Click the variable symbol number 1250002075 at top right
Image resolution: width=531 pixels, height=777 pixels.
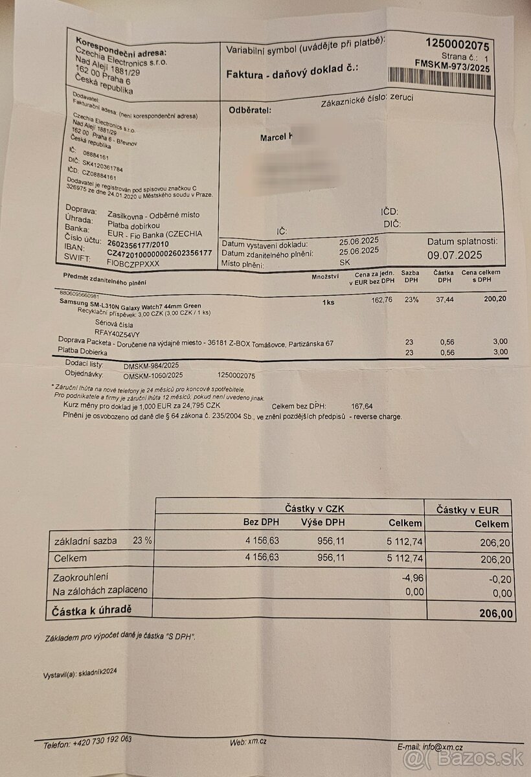click(457, 45)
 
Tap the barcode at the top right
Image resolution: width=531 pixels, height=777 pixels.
click(458, 80)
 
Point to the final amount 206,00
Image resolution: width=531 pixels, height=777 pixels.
click(495, 613)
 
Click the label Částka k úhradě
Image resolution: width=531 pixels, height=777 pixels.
click(93, 609)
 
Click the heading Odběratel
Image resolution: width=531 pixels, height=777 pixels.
click(250, 110)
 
